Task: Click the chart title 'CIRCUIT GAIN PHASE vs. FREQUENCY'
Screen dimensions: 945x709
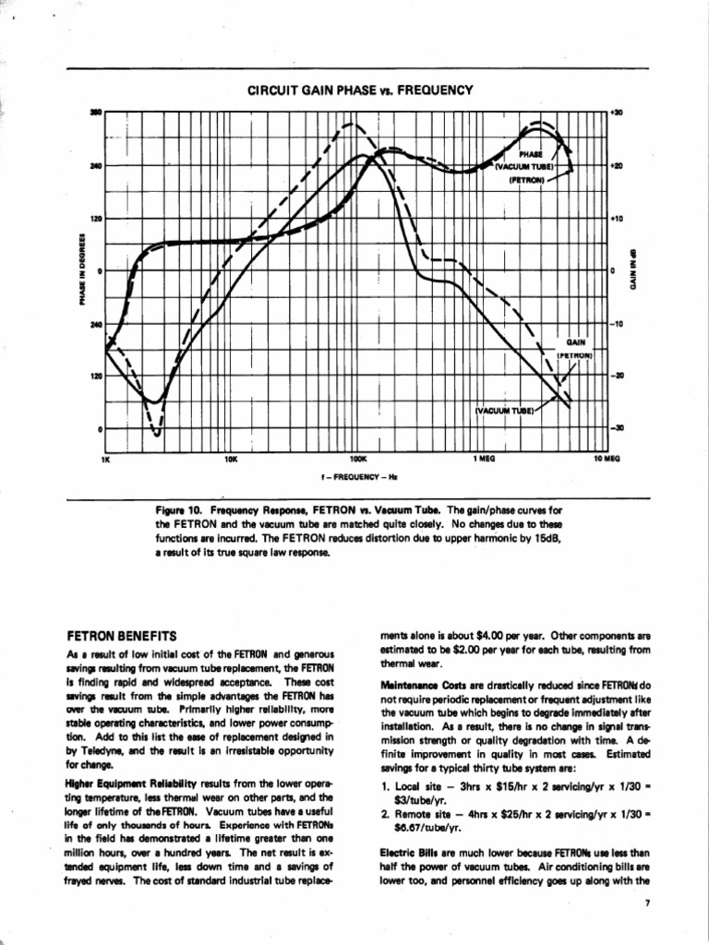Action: [x=360, y=90]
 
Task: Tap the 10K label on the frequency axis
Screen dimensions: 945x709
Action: [x=231, y=458]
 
